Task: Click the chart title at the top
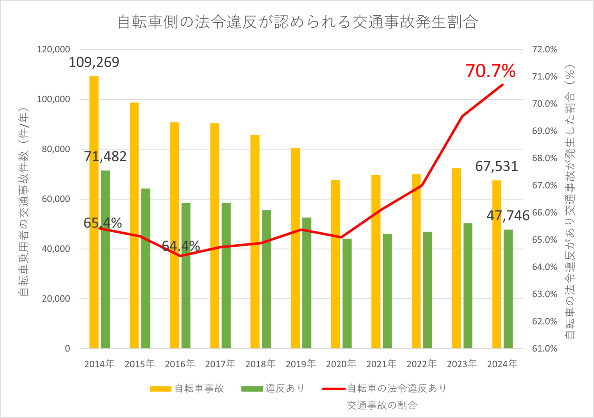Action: [297, 22]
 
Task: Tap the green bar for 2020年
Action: [347, 293]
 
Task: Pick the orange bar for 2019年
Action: [295, 248]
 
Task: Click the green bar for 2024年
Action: [508, 289]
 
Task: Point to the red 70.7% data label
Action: [490, 71]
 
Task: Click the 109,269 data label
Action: [94, 62]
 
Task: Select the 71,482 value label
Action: [105, 156]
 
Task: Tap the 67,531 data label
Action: [496, 166]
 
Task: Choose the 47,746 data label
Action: [508, 215]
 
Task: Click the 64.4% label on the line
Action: [181, 246]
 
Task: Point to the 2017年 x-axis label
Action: [220, 364]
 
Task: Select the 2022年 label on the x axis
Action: [422, 364]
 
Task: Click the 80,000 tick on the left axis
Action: [56, 149]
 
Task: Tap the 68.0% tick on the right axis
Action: [544, 158]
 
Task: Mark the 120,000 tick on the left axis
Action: [54, 50]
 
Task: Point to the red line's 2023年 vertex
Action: [462, 116]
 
